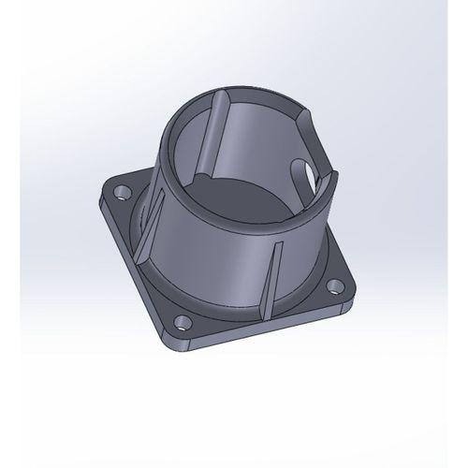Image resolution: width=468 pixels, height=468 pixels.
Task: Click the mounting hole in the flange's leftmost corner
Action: click(x=120, y=193)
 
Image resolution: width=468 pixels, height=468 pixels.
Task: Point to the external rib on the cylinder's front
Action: click(x=271, y=276)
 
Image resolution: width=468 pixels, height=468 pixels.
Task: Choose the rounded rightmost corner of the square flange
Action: click(x=351, y=298)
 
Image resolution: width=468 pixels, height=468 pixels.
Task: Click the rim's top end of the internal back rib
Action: click(x=223, y=94)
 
